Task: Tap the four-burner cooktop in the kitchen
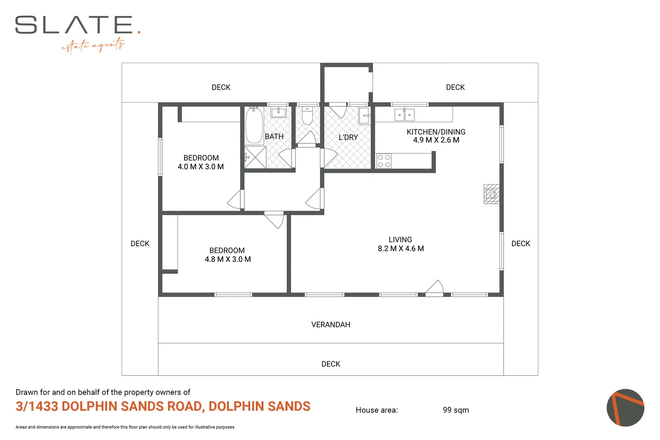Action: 384,161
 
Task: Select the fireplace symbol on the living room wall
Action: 491,194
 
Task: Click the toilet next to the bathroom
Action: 307,116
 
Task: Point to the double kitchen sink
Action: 404,115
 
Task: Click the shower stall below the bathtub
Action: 255,157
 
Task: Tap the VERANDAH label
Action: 330,325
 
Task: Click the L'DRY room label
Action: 348,137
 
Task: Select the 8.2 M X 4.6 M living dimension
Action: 400,249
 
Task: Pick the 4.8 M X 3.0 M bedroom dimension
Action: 227,259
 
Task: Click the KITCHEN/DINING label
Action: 436,132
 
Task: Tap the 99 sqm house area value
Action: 455,410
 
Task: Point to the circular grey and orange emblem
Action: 625,408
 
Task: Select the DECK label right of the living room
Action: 520,244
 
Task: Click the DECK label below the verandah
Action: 330,364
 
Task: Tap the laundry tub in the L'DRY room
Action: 364,116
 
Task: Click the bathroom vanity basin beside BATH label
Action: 278,112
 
